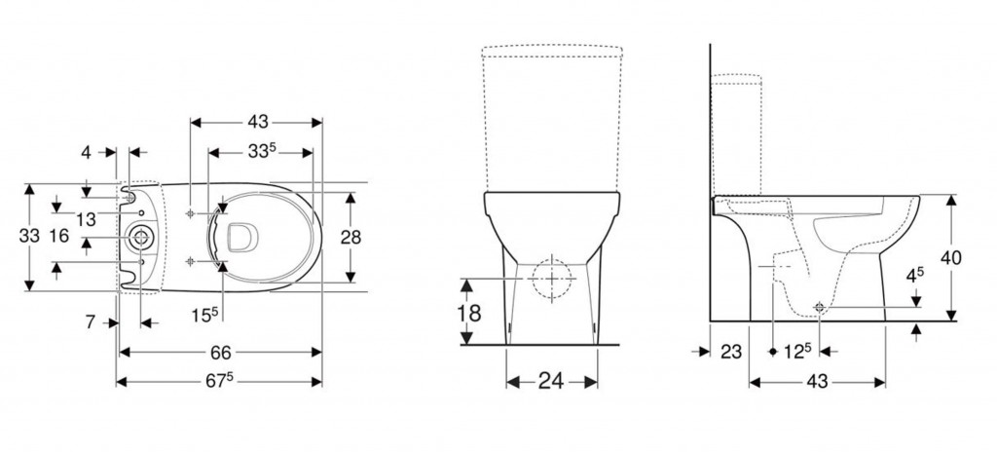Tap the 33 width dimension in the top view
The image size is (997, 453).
(29, 236)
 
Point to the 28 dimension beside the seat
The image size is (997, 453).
(351, 238)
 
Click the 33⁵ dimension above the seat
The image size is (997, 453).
(262, 151)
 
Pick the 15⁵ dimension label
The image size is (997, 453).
(204, 314)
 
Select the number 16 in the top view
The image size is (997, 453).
(58, 236)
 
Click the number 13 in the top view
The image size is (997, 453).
(86, 219)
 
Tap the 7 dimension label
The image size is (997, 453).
(91, 322)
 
